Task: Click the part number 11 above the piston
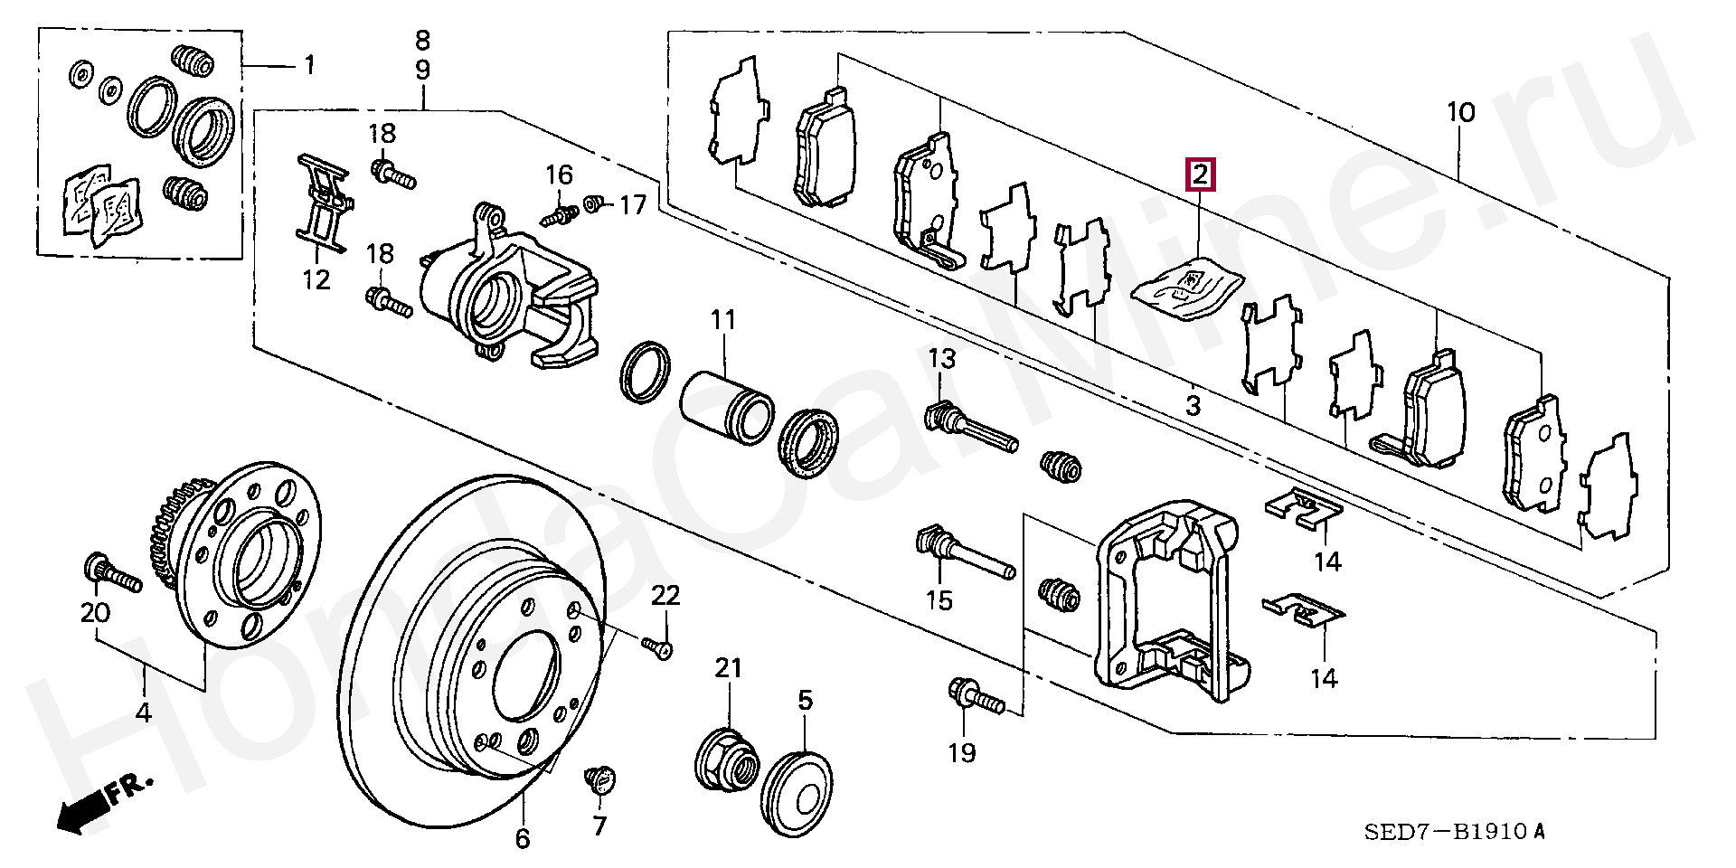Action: (x=723, y=320)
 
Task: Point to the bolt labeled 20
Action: (x=112, y=573)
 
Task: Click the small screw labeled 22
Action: (x=658, y=647)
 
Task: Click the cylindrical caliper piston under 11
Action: (x=725, y=407)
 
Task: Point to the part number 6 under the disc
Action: (x=523, y=839)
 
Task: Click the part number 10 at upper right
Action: (x=1461, y=113)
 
